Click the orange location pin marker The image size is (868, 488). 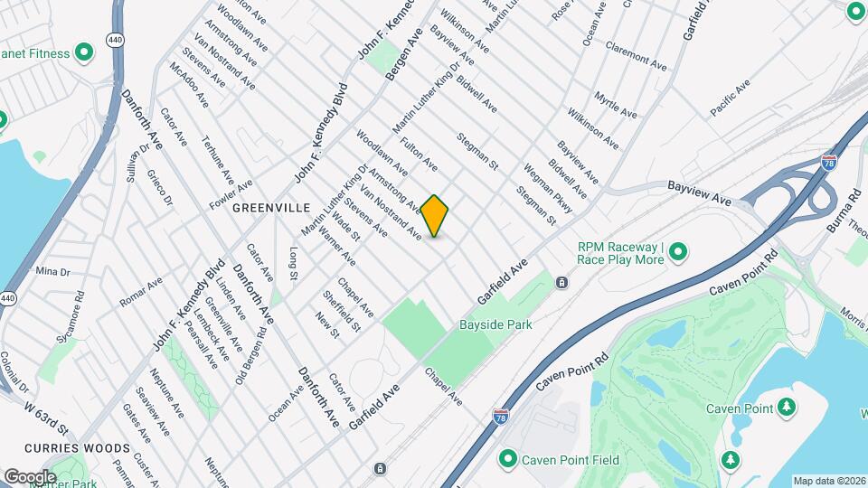435,216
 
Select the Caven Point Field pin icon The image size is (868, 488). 507,460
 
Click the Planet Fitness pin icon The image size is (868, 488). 84,53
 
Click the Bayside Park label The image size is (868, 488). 495,324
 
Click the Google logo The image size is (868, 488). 29,476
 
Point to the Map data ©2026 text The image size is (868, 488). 829,481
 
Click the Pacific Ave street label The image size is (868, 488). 731,98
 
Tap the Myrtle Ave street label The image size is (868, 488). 616,105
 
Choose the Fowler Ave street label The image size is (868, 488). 231,192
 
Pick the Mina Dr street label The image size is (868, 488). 52,271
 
